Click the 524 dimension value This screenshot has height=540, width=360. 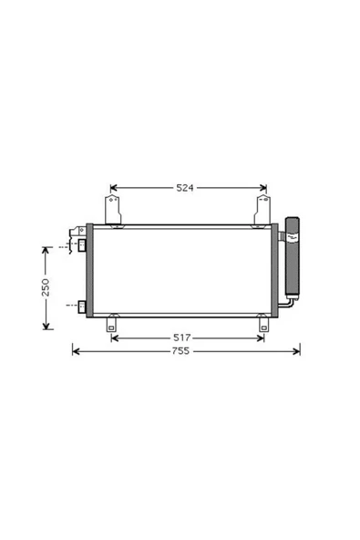(x=185, y=188)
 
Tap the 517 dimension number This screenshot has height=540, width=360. (x=181, y=337)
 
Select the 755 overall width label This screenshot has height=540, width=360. (x=180, y=351)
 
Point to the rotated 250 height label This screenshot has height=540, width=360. (x=46, y=287)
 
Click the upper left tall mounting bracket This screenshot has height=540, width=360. (x=113, y=210)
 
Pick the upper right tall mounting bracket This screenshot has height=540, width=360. (x=262, y=210)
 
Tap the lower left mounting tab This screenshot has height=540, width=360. (x=111, y=324)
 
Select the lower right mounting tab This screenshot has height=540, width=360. (x=263, y=324)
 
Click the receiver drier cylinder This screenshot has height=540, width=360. (x=293, y=256)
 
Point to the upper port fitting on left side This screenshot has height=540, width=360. (x=82, y=244)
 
